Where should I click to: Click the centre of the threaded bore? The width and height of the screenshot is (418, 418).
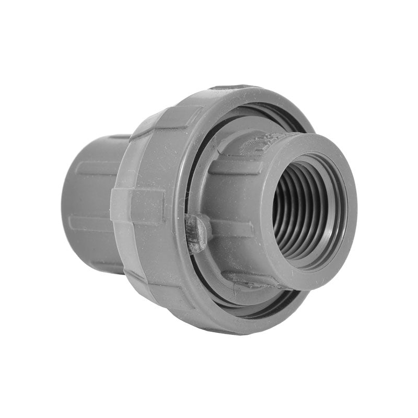[x=306, y=209]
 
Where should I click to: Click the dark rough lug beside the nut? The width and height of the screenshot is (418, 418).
[x=198, y=233]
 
